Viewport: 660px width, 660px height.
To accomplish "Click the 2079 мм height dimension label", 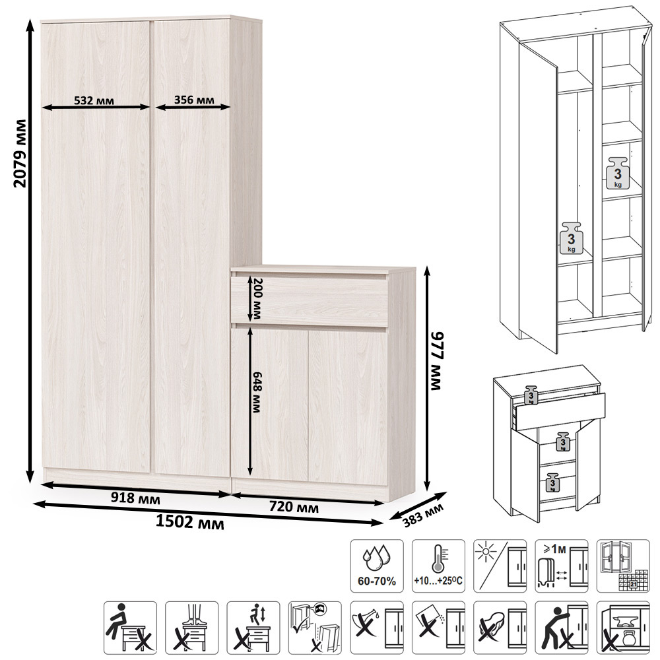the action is [20, 153].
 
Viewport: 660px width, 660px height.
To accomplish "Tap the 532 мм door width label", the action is [94, 100].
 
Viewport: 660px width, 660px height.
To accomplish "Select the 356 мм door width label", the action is [194, 100].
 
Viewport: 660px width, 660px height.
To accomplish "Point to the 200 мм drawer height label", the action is [256, 298].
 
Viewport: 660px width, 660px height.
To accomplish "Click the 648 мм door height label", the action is [256, 392].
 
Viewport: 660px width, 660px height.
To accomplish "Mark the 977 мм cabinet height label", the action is [438, 361].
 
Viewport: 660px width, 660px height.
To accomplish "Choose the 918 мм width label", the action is [135, 498].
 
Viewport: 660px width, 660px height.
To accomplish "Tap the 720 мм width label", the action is [294, 506].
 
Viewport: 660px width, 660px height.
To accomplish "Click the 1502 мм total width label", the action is [190, 522].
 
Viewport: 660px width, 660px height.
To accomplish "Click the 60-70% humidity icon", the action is [377, 566].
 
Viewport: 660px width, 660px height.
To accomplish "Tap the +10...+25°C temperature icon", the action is [438, 566].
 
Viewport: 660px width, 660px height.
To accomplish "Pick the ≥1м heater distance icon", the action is [562, 566].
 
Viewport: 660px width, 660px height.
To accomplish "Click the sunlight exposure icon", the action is [500, 566].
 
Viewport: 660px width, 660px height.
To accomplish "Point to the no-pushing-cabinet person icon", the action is [562, 628].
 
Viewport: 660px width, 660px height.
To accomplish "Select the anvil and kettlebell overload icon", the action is [623, 628].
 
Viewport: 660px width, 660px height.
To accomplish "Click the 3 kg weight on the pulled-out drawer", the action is [531, 395].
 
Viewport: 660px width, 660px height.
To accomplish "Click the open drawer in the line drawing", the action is [560, 411].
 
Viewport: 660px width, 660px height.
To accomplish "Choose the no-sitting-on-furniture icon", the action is [131, 628].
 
